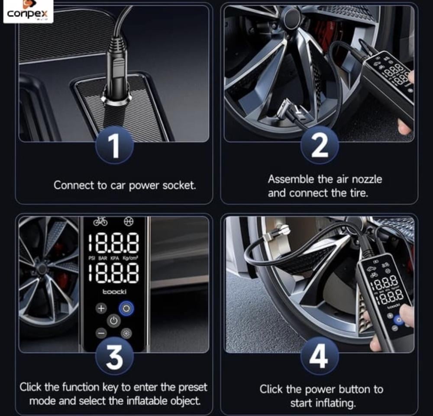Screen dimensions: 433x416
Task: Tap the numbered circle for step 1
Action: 114,146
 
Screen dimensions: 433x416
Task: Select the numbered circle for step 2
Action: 320,146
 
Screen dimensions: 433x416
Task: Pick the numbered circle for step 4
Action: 320,356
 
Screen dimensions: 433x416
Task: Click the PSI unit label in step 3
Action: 92,258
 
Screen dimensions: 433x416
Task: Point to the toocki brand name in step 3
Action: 114,292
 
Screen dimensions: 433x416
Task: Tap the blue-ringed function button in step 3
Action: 126,309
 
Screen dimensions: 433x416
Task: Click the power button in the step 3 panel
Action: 114,321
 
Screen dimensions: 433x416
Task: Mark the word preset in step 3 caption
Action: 193,387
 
